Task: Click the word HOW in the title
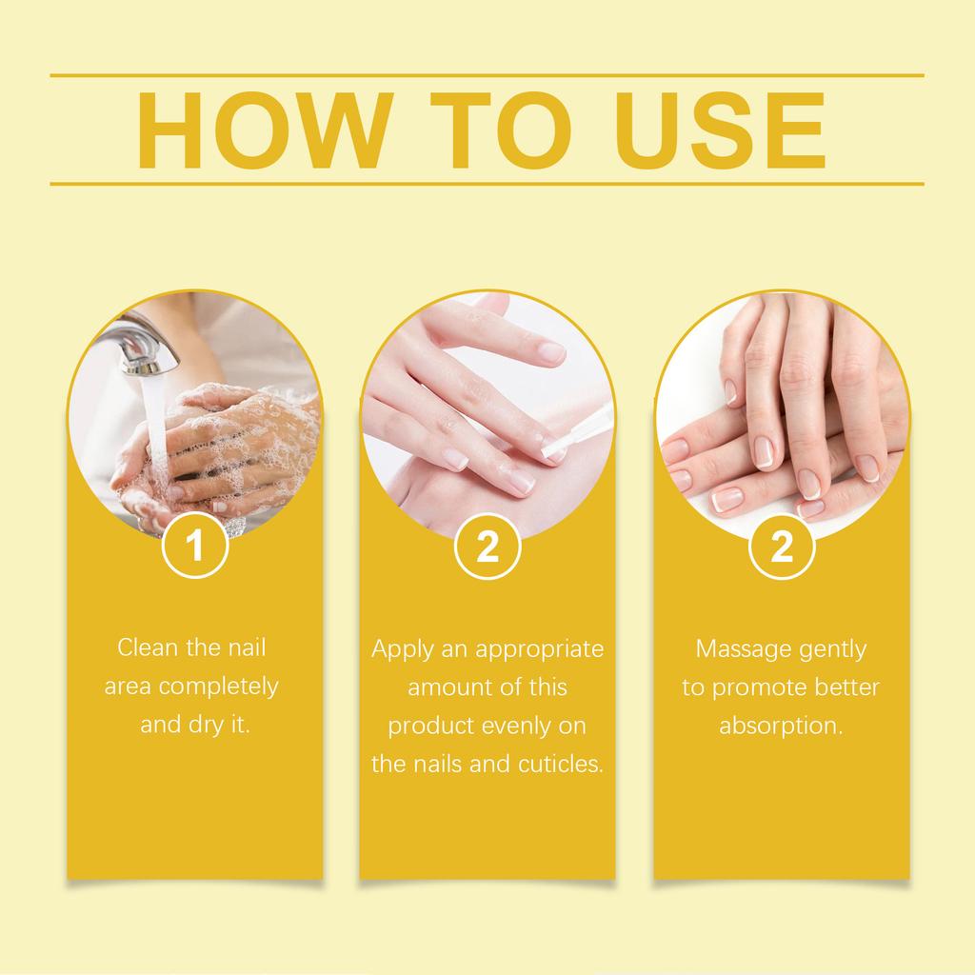(x=263, y=129)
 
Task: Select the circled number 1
(x=194, y=547)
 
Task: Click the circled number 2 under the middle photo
(x=487, y=547)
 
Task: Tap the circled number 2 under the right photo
(x=781, y=547)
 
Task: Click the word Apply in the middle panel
(x=400, y=649)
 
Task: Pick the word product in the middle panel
(x=428, y=726)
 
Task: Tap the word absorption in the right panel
(x=781, y=726)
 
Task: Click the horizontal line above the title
(x=487, y=74)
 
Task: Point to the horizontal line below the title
(x=487, y=183)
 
